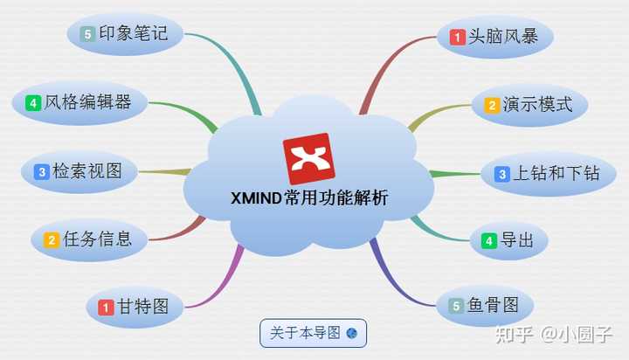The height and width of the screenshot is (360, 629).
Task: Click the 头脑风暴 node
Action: tap(495, 37)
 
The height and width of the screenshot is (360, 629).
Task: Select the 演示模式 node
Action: tap(529, 105)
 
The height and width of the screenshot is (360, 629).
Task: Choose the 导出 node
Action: tap(508, 240)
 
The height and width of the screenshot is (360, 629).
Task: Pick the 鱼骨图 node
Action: tap(485, 305)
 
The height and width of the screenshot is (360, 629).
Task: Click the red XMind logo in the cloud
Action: tap(308, 158)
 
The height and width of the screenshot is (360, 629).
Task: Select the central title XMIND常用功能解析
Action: tap(309, 198)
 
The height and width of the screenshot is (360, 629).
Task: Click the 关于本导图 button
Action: tap(313, 333)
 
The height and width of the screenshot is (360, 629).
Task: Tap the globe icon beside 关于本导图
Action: tap(351, 333)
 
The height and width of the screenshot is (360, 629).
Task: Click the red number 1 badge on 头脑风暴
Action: tap(457, 38)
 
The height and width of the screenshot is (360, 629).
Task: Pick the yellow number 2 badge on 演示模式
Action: tap(492, 106)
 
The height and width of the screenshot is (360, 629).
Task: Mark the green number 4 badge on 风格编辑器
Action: tap(33, 103)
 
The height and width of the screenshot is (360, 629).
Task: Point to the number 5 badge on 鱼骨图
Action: tap(455, 306)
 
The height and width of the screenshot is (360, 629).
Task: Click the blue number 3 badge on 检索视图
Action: tap(41, 172)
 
